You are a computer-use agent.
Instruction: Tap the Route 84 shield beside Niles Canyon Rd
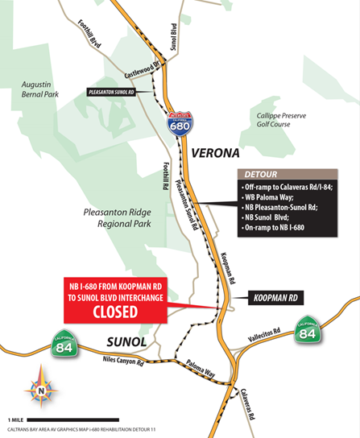coord(64,347)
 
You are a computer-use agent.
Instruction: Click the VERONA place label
coord(213,151)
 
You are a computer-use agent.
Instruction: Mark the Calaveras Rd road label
coord(251,407)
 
